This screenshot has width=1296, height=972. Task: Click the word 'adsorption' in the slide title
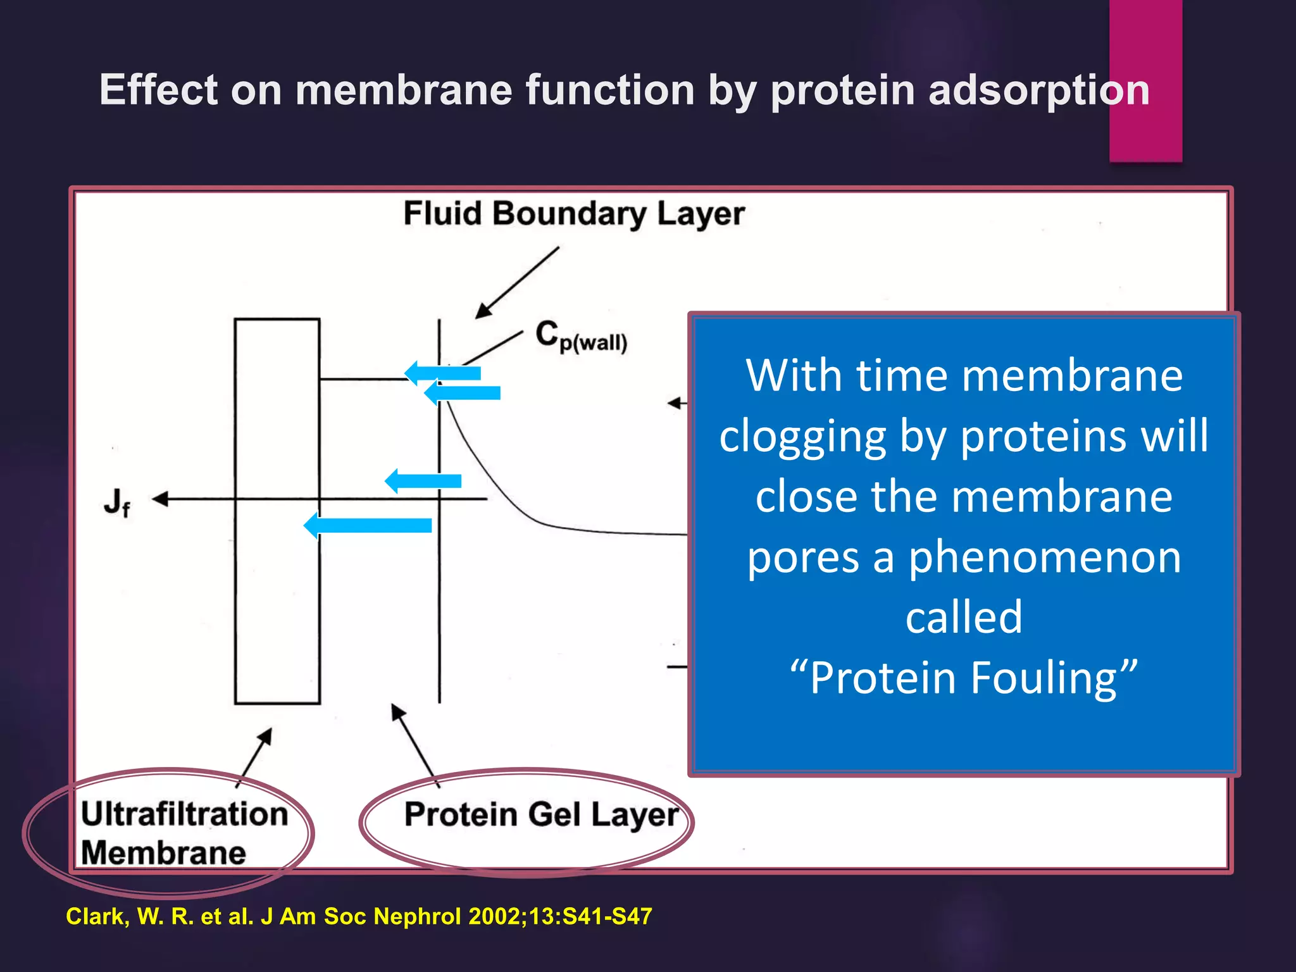coord(1038,90)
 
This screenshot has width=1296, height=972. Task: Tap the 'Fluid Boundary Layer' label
coord(573,214)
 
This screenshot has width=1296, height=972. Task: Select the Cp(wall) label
coord(580,336)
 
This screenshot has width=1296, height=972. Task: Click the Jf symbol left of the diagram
coord(117,502)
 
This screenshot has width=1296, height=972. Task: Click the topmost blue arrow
coord(442,373)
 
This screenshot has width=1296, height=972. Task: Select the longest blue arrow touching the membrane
coord(368,525)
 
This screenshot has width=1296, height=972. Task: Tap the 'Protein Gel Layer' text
coord(541,814)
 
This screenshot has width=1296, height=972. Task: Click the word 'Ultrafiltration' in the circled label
coord(184,814)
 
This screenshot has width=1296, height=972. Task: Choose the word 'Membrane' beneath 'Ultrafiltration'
coord(163,852)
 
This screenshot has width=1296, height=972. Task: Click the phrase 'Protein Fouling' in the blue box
coord(963,678)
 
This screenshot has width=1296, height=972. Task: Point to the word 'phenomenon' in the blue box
coord(1044,558)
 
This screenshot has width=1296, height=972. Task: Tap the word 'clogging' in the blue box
coord(803,436)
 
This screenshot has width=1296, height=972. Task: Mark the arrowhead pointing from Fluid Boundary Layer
coord(483,310)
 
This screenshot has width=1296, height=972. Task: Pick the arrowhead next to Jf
coord(159,499)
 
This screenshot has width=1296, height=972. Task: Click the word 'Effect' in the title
coord(159,90)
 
